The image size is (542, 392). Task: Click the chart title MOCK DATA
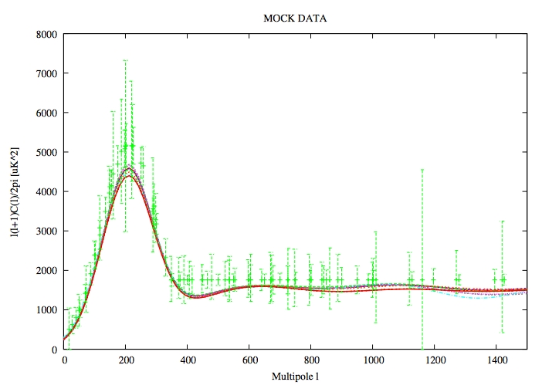pos(296,19)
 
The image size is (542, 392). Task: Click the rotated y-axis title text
pos(15,191)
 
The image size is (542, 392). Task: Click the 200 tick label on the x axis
pos(126,360)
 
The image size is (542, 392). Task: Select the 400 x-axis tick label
pos(188,360)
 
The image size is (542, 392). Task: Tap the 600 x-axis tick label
pos(249,360)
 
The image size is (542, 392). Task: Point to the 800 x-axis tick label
pos(311,360)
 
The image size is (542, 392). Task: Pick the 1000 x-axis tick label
pos(373,360)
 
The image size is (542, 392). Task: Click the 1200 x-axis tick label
pos(435,360)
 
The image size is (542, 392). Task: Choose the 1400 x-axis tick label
pos(496,360)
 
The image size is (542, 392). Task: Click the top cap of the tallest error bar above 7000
pos(125,60)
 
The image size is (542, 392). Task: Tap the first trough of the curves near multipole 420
pos(194,296)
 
